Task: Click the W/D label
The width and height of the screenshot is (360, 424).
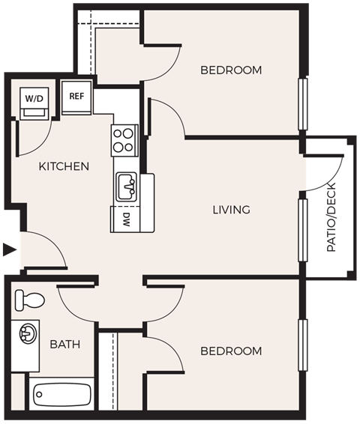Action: tap(34, 98)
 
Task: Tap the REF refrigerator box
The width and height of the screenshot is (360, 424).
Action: tap(76, 97)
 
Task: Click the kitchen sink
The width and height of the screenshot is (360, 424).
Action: tap(125, 185)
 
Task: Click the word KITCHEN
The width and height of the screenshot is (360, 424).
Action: tap(64, 166)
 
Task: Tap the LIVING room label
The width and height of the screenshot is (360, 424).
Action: tap(231, 210)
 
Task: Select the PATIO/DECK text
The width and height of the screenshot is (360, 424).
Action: tap(331, 217)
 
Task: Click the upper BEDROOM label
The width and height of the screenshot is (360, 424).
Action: tap(231, 70)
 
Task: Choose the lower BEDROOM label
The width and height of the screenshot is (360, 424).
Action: tap(231, 351)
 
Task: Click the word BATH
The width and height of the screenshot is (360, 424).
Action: tap(65, 345)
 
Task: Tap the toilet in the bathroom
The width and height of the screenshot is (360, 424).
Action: tap(29, 300)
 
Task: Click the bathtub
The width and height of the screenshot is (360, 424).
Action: tap(61, 393)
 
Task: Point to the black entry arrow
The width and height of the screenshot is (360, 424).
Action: tap(8, 249)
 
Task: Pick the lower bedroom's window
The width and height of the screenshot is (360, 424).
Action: tap(303, 345)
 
